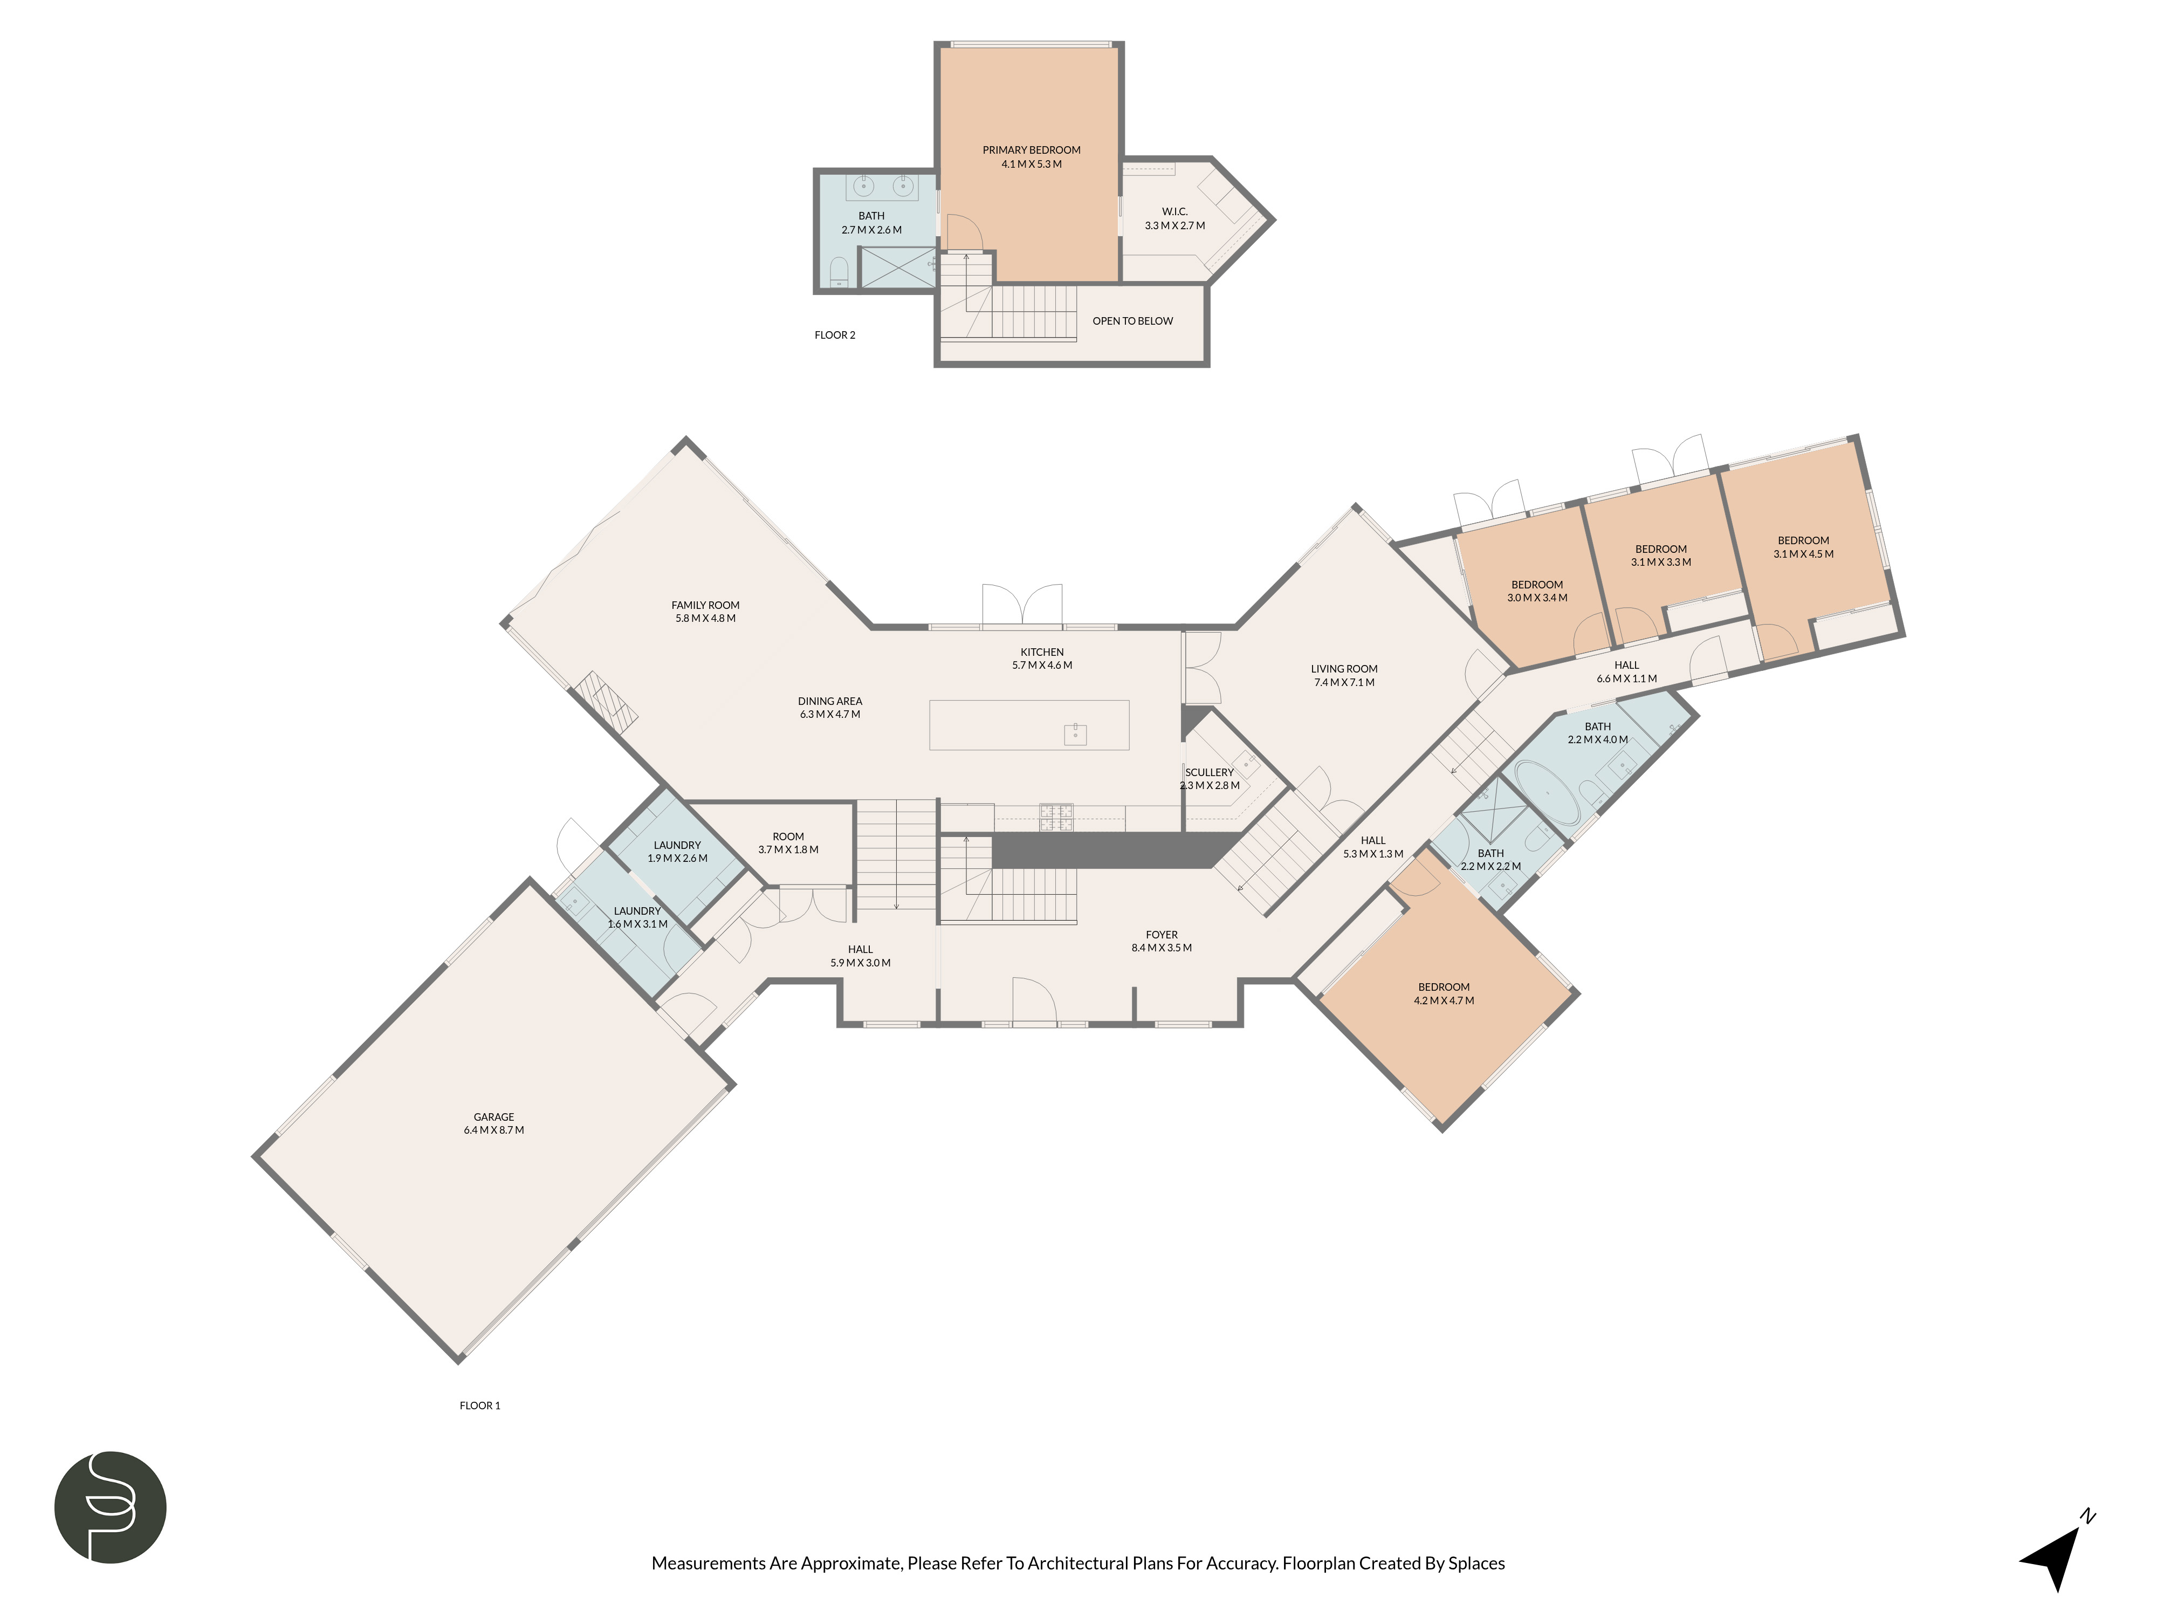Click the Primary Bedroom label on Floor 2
pyautogui.click(x=1031, y=150)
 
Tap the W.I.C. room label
pyautogui.click(x=1174, y=211)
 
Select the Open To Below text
pyautogui.click(x=1132, y=321)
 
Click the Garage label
pyautogui.click(x=493, y=1117)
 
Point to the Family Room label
pyautogui.click(x=705, y=605)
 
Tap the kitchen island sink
pyautogui.click(x=1075, y=733)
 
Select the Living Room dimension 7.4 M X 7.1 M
pyautogui.click(x=1344, y=683)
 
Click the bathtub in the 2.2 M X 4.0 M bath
pyautogui.click(x=1547, y=793)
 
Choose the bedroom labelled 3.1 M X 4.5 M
pyautogui.click(x=1803, y=547)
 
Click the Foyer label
pyautogui.click(x=1162, y=934)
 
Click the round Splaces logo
pyautogui.click(x=110, y=1507)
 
